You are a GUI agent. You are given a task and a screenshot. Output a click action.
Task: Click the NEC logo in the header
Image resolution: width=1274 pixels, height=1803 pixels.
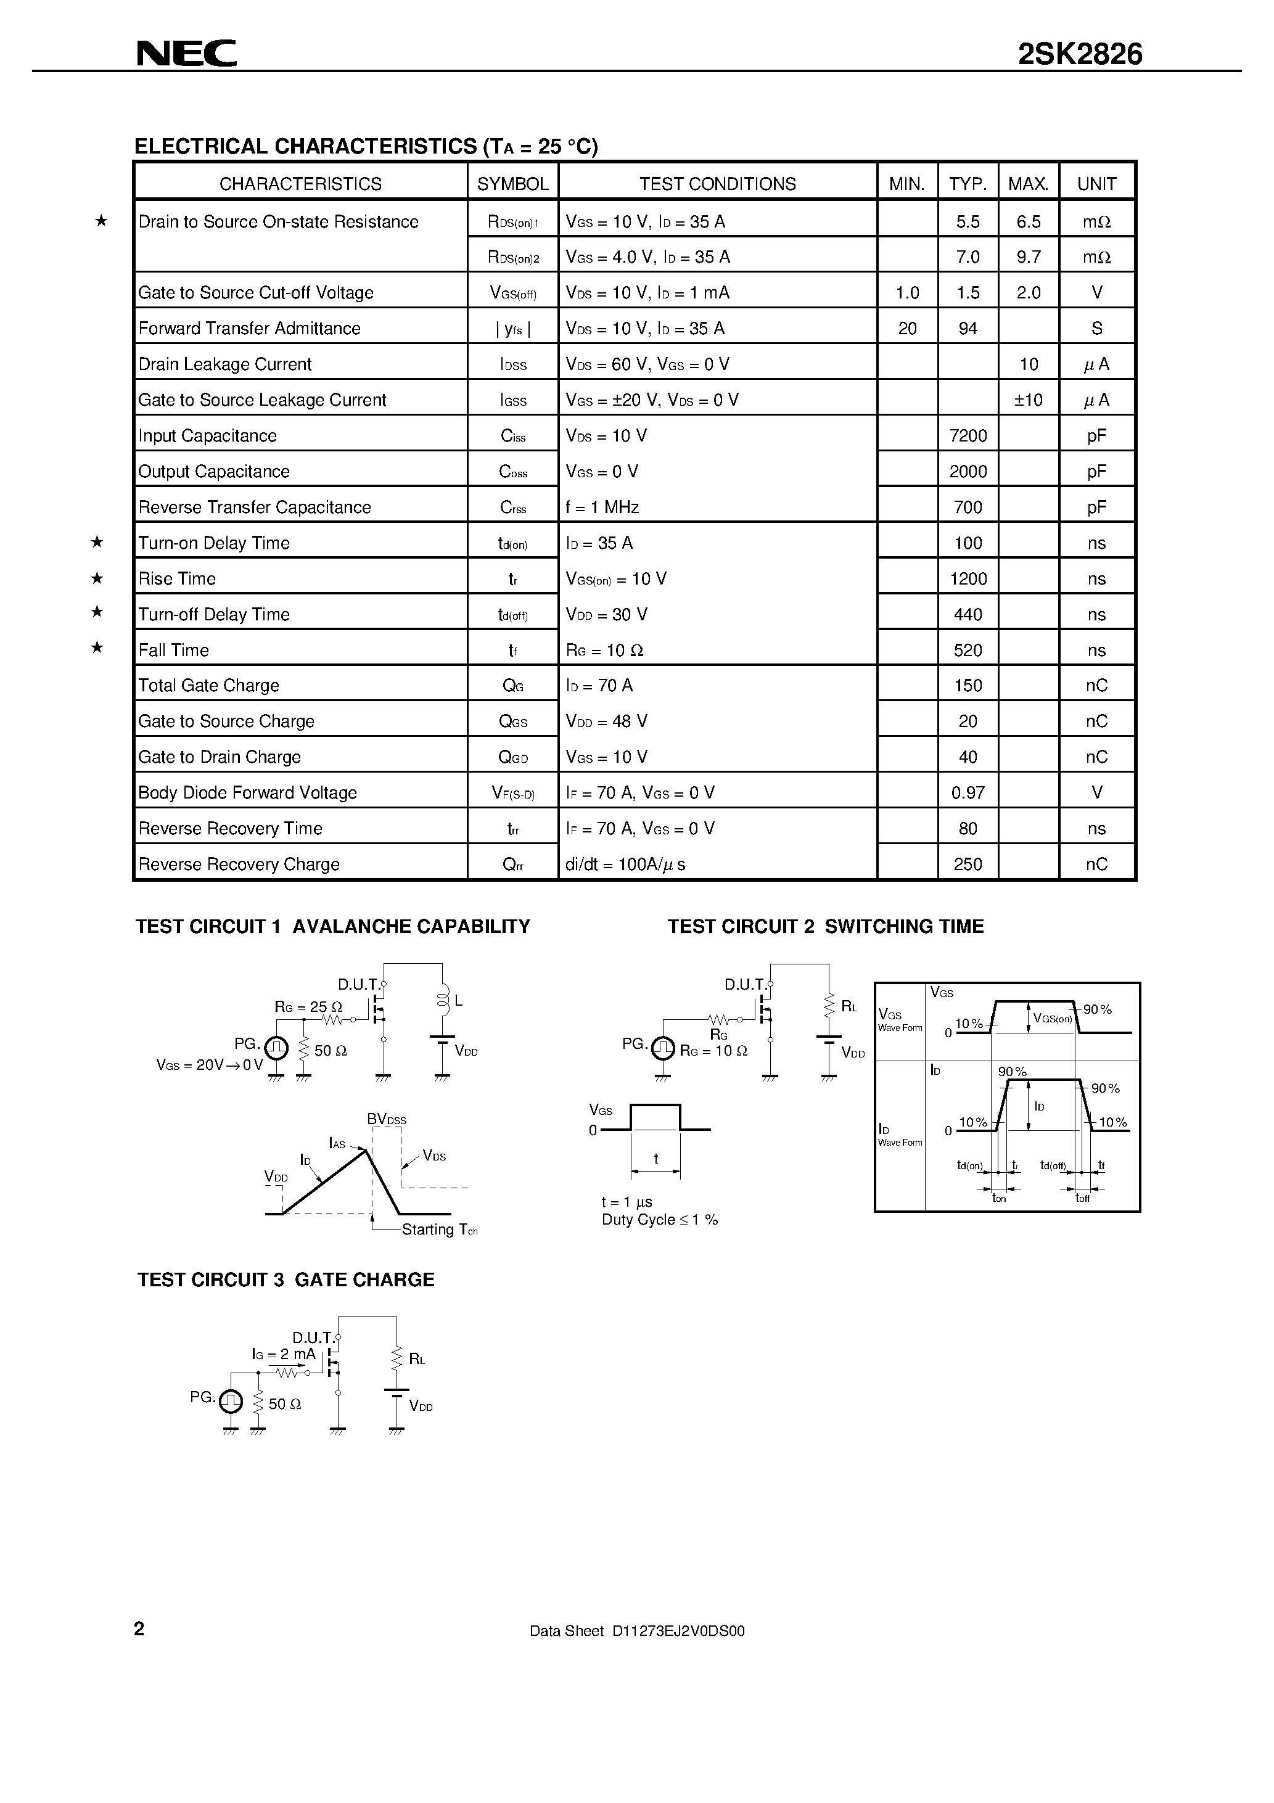pyautogui.click(x=186, y=54)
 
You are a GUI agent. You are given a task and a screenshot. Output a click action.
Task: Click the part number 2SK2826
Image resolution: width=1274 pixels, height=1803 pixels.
pyautogui.click(x=1080, y=54)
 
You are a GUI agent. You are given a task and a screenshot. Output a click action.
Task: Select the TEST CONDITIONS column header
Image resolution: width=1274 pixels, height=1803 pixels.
pyautogui.click(x=717, y=184)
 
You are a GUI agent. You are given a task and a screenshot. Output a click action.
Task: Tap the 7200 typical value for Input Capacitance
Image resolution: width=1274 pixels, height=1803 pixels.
pyautogui.click(x=968, y=436)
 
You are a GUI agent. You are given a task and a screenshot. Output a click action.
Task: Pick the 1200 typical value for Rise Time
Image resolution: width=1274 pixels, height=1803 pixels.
pyautogui.click(x=968, y=579)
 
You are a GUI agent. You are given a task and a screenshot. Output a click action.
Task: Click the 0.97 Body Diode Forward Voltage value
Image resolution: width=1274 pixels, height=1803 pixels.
pyautogui.click(x=968, y=793)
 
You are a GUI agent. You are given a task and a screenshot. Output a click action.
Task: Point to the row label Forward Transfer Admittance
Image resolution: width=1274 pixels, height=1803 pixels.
pyautogui.click(x=249, y=328)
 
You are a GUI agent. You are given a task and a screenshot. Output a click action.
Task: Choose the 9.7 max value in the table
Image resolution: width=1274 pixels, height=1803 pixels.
pyautogui.click(x=1028, y=257)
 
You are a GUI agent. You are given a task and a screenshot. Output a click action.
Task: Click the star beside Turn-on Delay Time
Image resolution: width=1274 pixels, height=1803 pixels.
pyautogui.click(x=97, y=542)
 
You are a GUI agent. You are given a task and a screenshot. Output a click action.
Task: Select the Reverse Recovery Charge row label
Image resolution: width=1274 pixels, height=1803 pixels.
pyautogui.click(x=239, y=865)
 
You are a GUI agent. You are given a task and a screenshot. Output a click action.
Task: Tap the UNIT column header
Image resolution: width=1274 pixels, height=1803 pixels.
pyautogui.click(x=1096, y=184)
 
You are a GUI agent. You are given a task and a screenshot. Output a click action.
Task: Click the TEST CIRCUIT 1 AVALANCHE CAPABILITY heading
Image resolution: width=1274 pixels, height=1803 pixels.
pyautogui.click(x=332, y=927)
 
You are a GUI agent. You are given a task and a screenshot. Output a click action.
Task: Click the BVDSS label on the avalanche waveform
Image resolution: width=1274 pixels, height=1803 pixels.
pyautogui.click(x=387, y=1119)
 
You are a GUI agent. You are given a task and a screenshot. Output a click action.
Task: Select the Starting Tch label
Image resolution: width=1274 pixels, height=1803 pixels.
pyautogui.click(x=439, y=1230)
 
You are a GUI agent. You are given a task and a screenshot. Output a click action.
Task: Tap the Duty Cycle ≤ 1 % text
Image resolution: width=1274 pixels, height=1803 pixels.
pyautogui.click(x=660, y=1220)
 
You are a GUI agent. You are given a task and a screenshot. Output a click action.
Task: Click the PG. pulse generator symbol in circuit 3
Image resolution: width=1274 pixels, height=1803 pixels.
pyautogui.click(x=230, y=1400)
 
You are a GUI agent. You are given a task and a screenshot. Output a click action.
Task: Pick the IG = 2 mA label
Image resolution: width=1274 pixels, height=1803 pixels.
pyautogui.click(x=284, y=1354)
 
